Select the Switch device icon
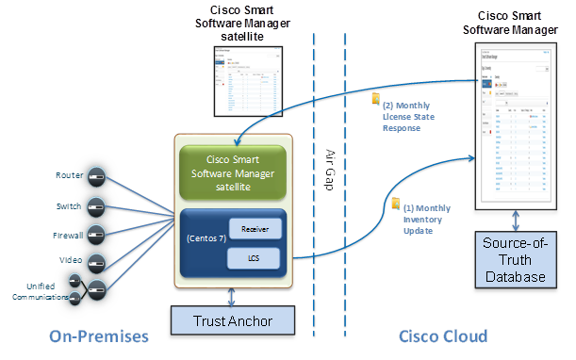[96, 205]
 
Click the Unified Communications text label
[36, 291]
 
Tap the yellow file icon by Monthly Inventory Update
[396, 205]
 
